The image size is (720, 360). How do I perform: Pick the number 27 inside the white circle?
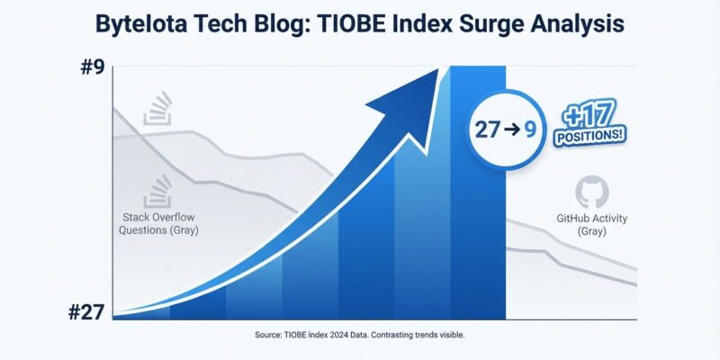(x=487, y=129)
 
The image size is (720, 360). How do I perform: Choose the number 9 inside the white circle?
(x=531, y=129)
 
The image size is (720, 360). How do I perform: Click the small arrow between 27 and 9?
(x=510, y=129)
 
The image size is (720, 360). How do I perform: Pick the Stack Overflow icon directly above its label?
(x=160, y=189)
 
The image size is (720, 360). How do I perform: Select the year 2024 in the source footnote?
(x=339, y=335)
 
